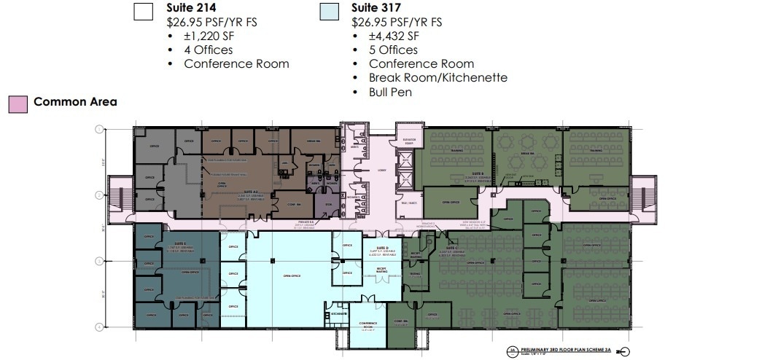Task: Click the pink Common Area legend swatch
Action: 18,103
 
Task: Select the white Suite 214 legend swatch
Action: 143,12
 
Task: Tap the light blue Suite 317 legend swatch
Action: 330,12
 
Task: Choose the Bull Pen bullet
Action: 390,92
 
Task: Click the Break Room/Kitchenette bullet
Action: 438,78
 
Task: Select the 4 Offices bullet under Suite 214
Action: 208,50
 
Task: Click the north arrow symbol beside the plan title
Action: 623,351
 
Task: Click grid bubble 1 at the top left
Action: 98,130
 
